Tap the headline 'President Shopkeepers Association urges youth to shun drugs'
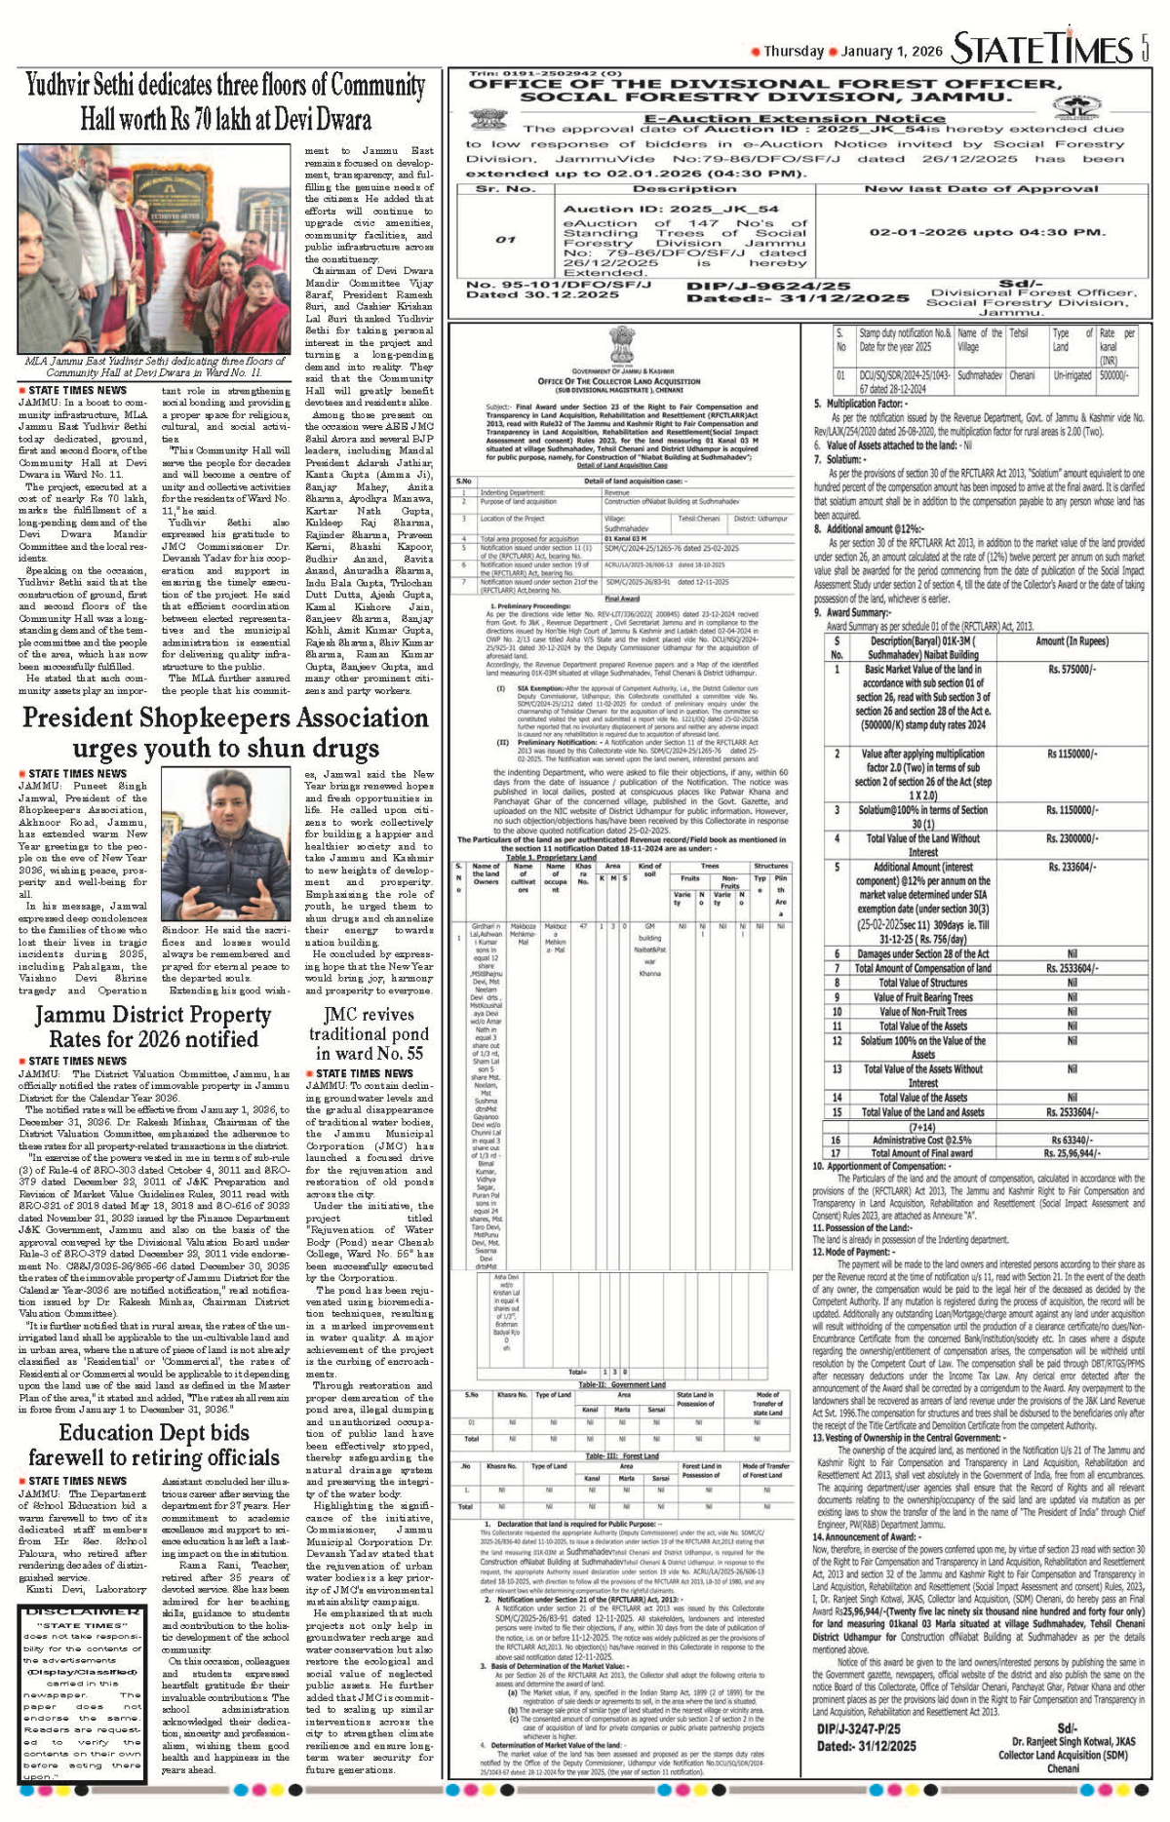point(225,733)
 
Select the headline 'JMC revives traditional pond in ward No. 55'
point(369,1033)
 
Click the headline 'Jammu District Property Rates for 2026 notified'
point(153,1027)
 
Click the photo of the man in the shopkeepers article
point(224,844)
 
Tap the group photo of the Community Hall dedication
point(154,249)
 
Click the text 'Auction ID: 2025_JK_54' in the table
point(671,209)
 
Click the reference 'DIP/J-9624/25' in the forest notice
point(768,287)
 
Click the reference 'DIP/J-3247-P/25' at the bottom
point(858,1728)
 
